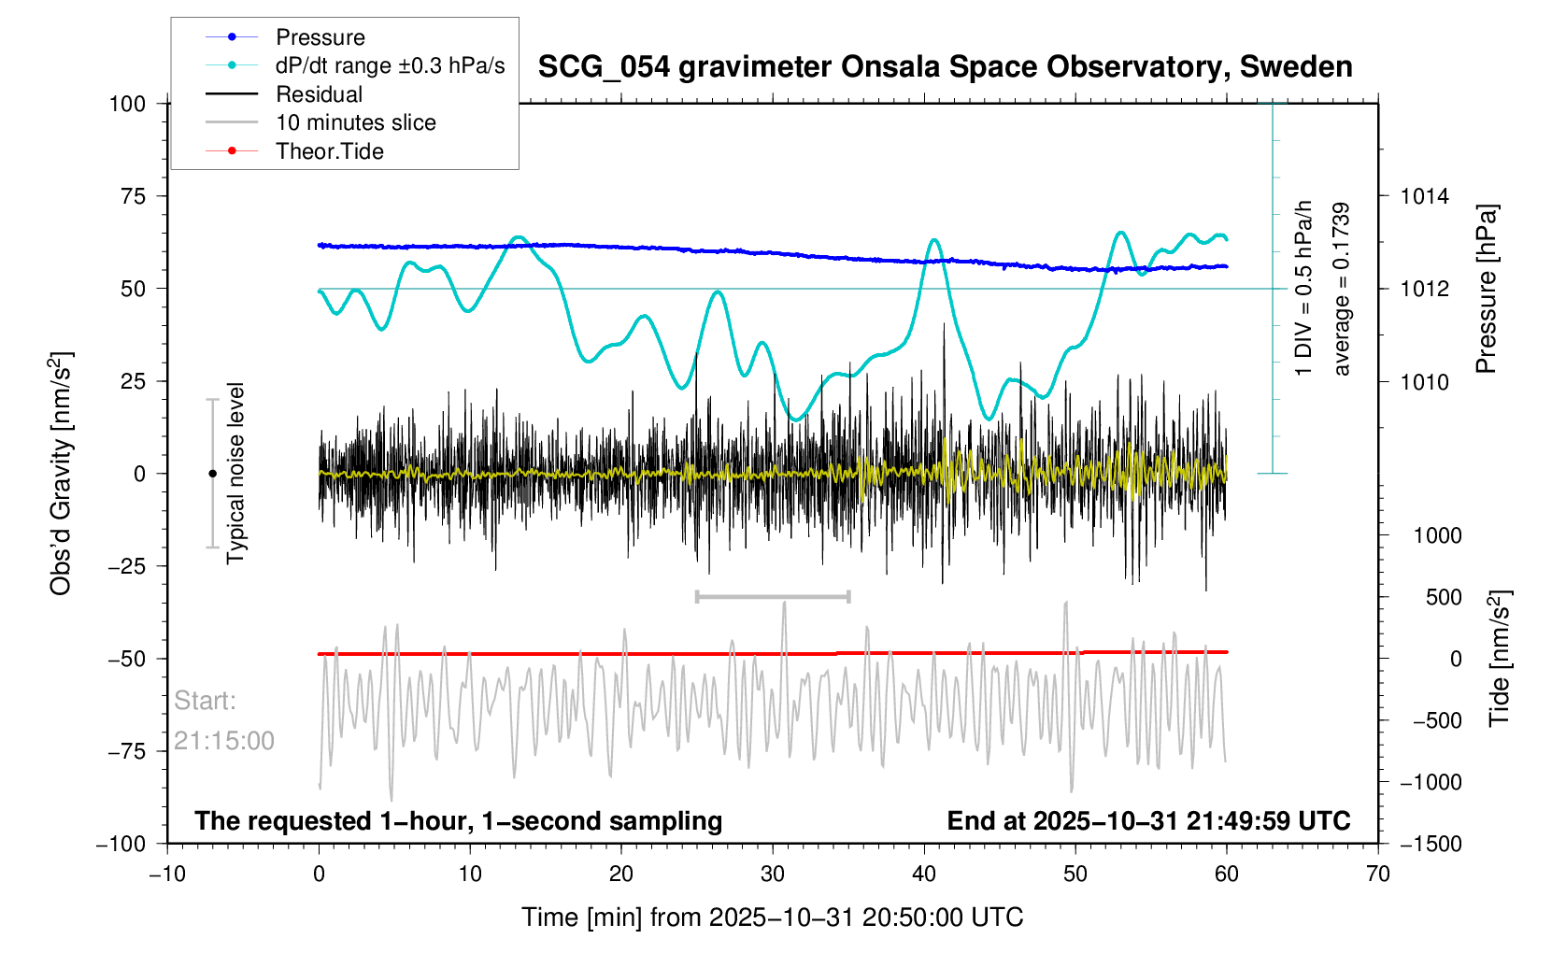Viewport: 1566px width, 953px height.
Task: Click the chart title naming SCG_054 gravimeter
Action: (x=945, y=67)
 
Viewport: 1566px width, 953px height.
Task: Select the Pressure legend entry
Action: (x=320, y=37)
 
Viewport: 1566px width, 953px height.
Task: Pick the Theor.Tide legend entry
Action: (x=329, y=151)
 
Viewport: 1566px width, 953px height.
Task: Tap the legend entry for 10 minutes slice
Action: (x=355, y=122)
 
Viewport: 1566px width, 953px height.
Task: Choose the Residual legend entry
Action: (x=319, y=94)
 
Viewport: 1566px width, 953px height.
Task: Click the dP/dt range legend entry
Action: (x=390, y=65)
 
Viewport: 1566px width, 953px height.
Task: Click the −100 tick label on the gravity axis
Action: (x=121, y=844)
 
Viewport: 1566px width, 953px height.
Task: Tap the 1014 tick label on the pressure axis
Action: (x=1424, y=196)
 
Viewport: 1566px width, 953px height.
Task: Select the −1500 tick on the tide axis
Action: (x=1430, y=844)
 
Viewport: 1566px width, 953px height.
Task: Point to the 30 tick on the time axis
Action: (x=773, y=875)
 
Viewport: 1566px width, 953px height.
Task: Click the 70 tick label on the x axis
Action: (x=1377, y=875)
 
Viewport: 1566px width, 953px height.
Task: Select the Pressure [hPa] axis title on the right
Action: (x=1486, y=290)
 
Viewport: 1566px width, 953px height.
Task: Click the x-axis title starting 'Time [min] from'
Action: (x=772, y=917)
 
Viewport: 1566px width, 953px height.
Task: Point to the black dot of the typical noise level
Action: (x=212, y=474)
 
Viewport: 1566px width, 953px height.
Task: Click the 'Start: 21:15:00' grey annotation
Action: (x=223, y=720)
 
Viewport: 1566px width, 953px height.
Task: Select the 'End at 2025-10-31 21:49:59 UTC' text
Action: (x=1148, y=821)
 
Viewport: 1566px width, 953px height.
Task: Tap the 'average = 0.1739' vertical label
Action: (x=1342, y=290)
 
